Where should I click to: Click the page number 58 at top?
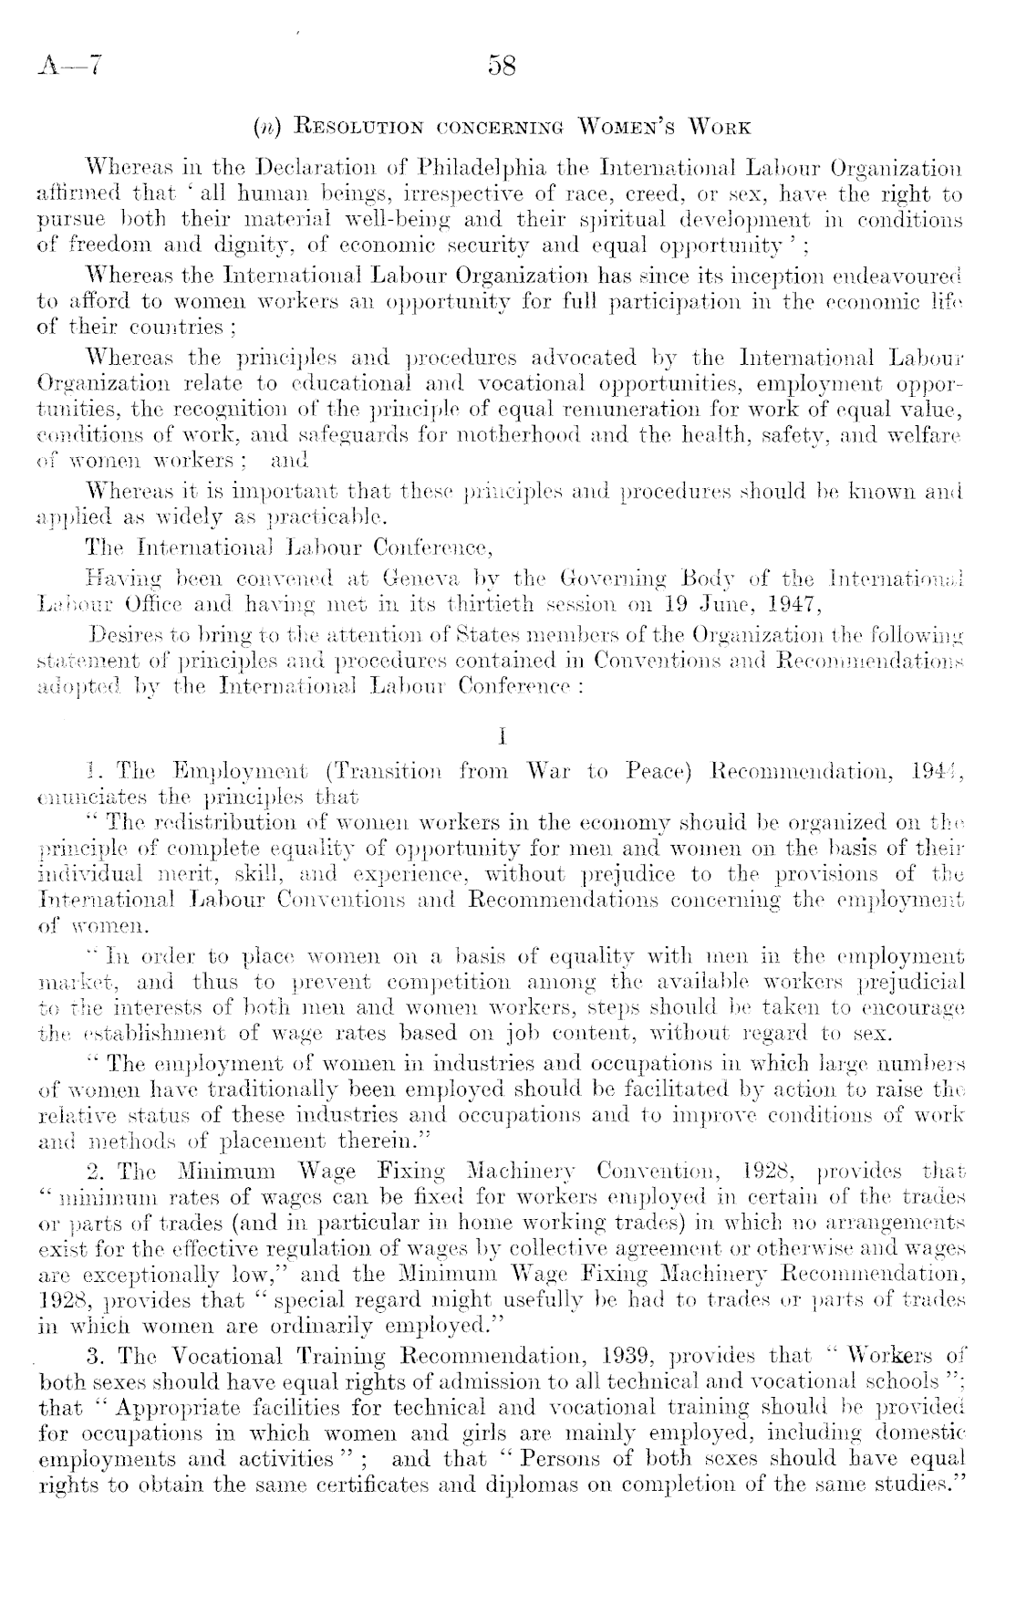(503, 66)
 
